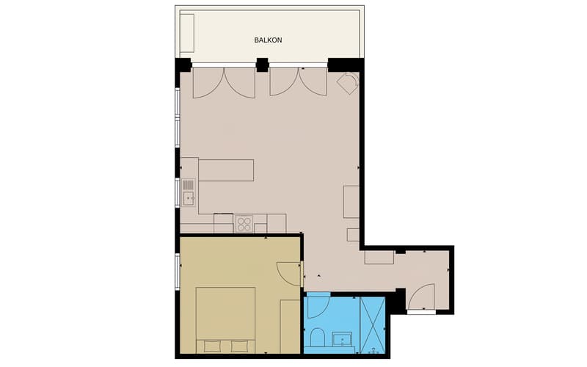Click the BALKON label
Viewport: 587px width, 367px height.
click(268, 40)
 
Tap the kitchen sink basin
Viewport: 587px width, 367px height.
click(189, 198)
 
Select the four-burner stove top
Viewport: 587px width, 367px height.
click(244, 224)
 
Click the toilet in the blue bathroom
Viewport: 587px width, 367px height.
click(318, 337)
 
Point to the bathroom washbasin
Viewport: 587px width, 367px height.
click(342, 339)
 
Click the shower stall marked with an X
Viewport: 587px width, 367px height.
click(373, 325)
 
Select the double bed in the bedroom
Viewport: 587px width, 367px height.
click(225, 320)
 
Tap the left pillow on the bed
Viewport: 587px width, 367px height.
click(212, 346)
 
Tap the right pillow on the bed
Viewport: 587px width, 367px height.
click(239, 346)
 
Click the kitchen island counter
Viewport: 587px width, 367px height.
click(226, 170)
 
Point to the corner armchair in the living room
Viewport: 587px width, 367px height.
click(348, 84)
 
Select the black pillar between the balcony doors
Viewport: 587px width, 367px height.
click(263, 65)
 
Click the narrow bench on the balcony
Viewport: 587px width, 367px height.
click(187, 33)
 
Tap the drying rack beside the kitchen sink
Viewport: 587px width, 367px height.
click(189, 185)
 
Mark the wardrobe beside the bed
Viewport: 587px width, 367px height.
click(291, 327)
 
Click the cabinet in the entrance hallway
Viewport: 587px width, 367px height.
click(379, 258)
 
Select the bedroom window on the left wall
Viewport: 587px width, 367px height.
click(178, 272)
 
